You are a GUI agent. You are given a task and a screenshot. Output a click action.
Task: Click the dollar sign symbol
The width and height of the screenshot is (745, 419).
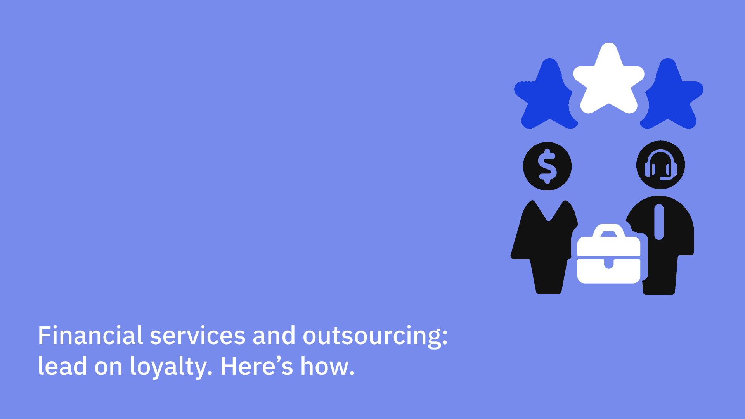(547, 166)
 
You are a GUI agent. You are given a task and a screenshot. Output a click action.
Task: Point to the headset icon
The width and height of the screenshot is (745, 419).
(660, 165)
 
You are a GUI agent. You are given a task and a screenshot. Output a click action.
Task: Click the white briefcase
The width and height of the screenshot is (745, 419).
(608, 254)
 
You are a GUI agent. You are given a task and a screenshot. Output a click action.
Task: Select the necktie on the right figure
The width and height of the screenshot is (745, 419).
(659, 222)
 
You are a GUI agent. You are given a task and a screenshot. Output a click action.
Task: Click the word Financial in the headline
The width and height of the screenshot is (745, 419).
(90, 335)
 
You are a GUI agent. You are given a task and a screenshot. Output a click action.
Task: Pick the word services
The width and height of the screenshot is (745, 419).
(198, 336)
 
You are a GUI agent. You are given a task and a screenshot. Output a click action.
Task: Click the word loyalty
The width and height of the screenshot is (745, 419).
(171, 367)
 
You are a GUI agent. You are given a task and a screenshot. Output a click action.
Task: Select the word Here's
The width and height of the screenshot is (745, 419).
(256, 366)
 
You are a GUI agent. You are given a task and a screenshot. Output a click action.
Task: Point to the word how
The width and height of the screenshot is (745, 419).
(327, 366)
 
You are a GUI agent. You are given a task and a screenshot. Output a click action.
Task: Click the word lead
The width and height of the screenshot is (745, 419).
(62, 366)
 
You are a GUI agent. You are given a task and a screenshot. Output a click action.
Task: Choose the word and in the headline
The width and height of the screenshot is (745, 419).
(274, 335)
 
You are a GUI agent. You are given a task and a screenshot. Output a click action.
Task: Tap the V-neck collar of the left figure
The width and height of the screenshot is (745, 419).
(549, 211)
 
